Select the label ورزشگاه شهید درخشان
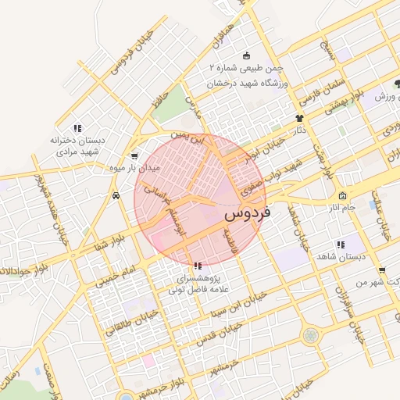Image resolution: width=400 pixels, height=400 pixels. point(248,82)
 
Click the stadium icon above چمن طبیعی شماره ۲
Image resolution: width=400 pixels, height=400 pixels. point(247,55)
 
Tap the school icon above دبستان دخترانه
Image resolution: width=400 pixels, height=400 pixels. point(77,127)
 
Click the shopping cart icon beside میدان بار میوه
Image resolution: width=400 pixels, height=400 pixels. point(134,155)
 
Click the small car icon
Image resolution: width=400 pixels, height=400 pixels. point(116,195)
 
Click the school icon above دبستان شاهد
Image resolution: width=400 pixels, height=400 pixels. point(339,245)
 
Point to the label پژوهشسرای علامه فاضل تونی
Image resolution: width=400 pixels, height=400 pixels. point(195,284)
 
